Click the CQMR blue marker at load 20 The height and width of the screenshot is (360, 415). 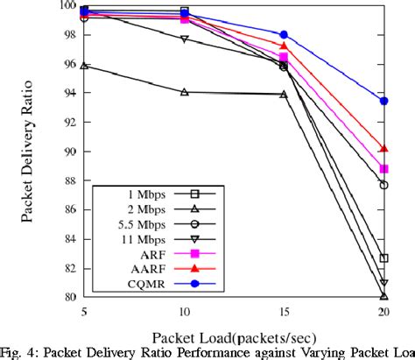(383, 101)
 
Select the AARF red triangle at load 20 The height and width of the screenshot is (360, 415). (383, 149)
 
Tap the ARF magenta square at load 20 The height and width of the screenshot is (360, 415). (383, 169)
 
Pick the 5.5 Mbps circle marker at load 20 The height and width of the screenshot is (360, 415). (383, 185)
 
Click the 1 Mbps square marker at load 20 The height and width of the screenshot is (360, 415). (383, 258)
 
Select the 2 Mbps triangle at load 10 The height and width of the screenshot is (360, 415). (184, 92)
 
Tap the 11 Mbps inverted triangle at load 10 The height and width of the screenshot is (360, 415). (184, 39)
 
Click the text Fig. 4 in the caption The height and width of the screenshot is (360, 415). (20, 351)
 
